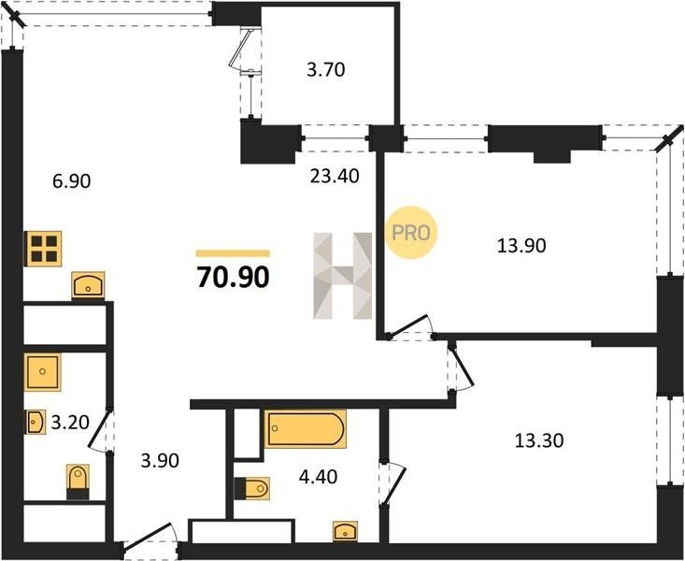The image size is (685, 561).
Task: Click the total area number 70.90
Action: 233,277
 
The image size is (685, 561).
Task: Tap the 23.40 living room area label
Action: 335,176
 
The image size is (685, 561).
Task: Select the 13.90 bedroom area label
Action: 521,246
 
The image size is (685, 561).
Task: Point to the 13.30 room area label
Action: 539,440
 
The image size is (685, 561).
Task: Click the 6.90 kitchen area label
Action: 72,181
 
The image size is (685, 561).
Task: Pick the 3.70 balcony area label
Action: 326,69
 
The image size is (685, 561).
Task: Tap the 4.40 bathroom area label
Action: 318,476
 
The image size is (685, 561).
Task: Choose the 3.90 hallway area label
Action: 160,460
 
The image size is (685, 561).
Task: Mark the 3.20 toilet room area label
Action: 70,423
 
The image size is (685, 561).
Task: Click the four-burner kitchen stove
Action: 43,249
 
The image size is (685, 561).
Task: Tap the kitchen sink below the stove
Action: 88,285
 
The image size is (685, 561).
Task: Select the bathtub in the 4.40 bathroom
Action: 306,429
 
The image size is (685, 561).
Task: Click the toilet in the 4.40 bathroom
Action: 252,488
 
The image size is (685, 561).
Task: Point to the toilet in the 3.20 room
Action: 78,482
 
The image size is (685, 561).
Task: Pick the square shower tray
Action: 42,372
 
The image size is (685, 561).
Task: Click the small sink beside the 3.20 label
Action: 35,423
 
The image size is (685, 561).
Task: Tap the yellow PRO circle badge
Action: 411,233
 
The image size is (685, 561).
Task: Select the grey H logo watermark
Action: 343,276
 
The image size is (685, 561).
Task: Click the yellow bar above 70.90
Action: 233,253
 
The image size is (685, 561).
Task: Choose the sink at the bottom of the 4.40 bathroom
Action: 345,531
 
